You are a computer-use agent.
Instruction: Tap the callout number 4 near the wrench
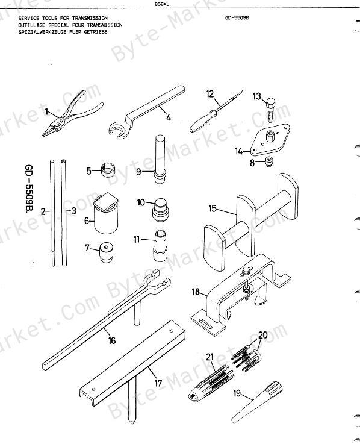coord(169,117)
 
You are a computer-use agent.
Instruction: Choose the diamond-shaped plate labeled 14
coord(270,140)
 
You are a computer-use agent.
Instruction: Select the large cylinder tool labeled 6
coord(106,213)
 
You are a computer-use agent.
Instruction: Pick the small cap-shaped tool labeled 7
coord(105,252)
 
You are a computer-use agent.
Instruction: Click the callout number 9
coord(138,172)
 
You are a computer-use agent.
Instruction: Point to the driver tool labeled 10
coord(160,210)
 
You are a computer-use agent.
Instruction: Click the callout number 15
coord(213,208)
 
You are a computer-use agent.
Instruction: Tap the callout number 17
coord(158,383)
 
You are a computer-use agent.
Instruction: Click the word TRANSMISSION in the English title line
coord(90,18)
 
